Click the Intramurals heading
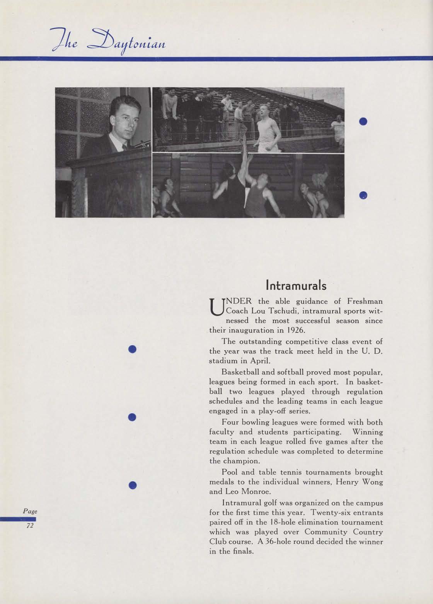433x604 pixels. [x=296, y=285]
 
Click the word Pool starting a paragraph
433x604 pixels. [x=230, y=472]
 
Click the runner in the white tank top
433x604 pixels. [x=267, y=127]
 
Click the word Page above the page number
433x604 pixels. [x=30, y=511]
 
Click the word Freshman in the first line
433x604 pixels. [x=365, y=301]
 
